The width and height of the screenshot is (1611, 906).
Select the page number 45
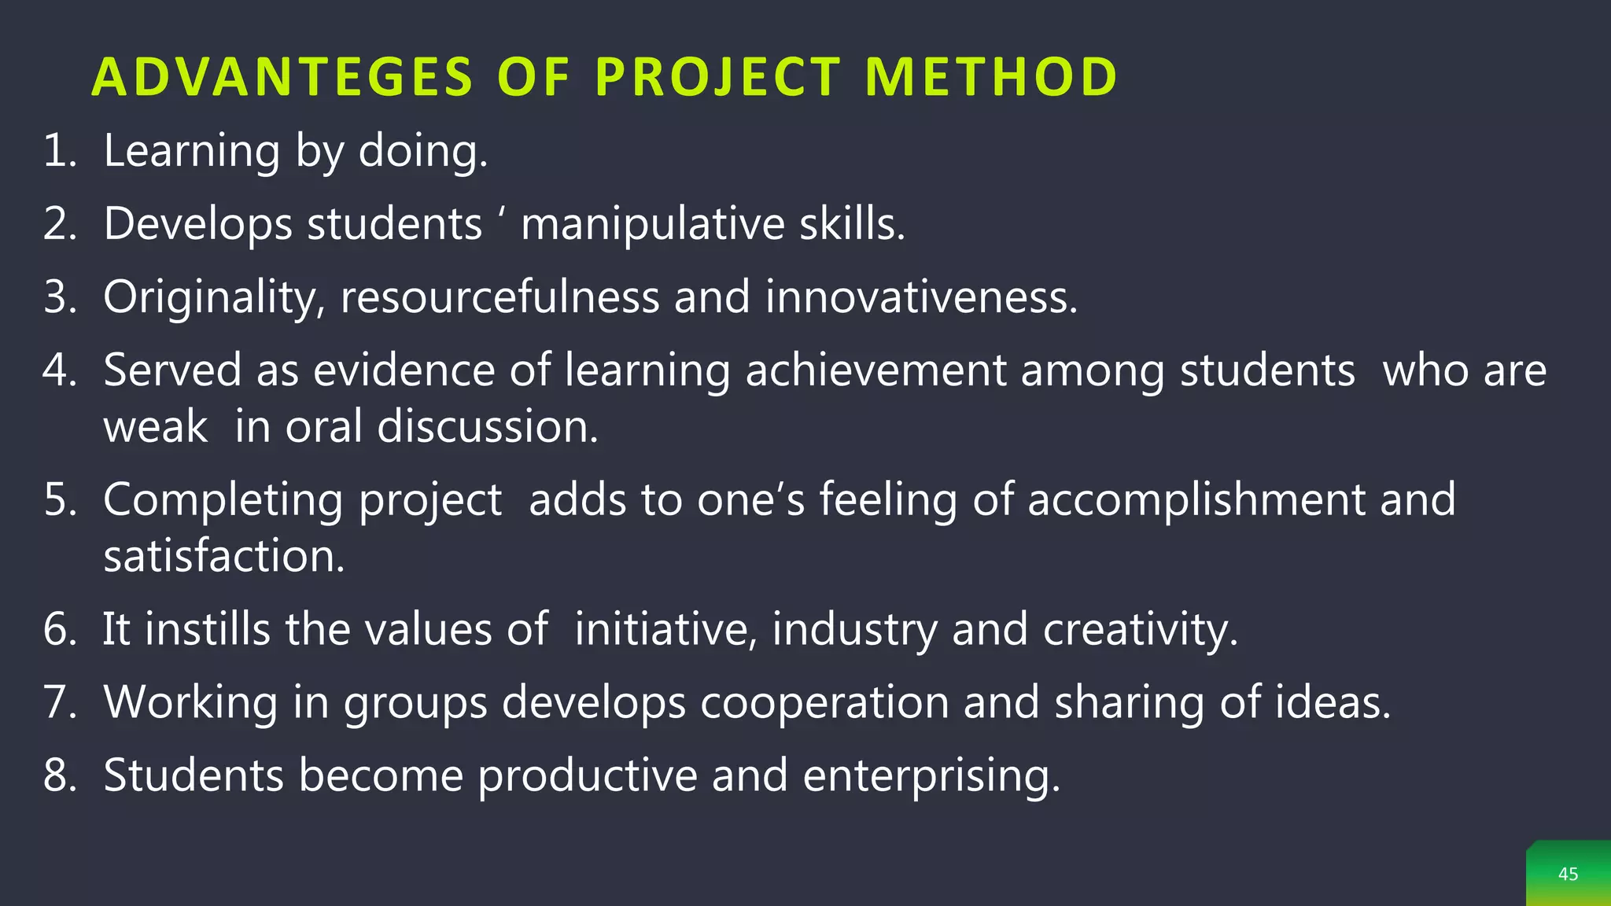point(1568,874)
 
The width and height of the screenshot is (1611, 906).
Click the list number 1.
point(59,150)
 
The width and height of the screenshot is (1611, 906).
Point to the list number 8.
point(59,775)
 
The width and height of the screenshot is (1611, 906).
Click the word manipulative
point(652,224)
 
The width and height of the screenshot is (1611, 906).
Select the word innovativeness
point(920,297)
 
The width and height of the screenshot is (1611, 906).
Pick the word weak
point(156,427)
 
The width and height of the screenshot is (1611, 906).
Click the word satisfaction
point(223,556)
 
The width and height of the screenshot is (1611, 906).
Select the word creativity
point(1140,629)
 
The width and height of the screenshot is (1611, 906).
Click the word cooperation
point(824,702)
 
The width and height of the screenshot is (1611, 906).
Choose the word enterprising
point(931,775)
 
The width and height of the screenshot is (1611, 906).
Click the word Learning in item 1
point(191,150)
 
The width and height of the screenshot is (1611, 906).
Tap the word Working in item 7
point(190,702)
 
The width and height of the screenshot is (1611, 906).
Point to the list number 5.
point(59,499)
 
